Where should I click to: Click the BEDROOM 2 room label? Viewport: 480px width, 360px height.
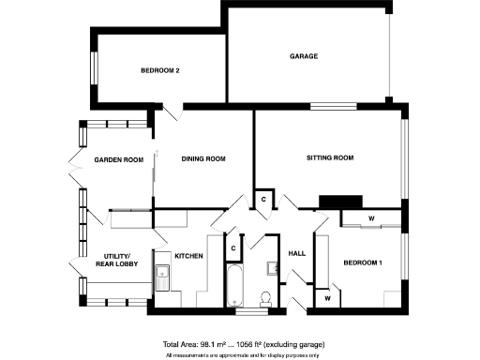coord(159,70)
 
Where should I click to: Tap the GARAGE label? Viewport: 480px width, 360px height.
coord(304,56)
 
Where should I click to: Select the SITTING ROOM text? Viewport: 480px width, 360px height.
coord(329,158)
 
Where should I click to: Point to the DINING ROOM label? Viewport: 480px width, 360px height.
coord(203,158)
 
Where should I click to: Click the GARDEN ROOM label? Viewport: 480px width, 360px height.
coord(118,160)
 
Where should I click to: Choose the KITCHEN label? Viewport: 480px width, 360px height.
coord(188,256)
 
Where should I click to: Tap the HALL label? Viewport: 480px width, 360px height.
coord(297,254)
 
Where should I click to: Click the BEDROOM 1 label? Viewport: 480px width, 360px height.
coord(363,263)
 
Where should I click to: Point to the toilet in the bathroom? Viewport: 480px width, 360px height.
coord(265,298)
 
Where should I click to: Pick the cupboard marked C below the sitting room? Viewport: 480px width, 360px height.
coord(264,200)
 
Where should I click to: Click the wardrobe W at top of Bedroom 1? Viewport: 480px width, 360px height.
coord(371,219)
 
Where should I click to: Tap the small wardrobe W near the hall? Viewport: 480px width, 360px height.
coord(328,297)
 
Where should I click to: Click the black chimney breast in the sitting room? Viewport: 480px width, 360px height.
coord(340,200)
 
